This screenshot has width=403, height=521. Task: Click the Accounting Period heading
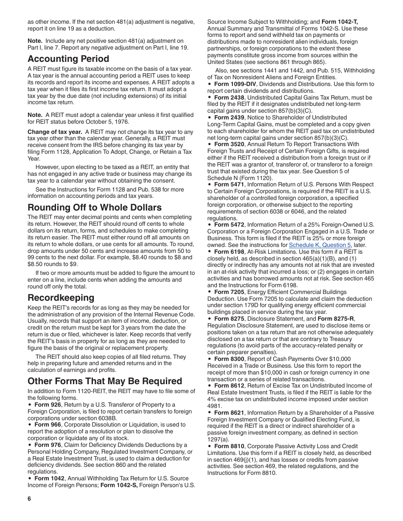[68, 59]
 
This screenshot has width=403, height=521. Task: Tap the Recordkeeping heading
[61, 297]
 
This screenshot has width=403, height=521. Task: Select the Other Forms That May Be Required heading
[105, 381]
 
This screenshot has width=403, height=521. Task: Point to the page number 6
[30, 499]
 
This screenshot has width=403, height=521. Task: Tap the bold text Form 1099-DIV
[234, 84]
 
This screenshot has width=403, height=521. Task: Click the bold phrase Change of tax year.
[55, 132]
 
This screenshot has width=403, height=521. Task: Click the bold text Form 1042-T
[340, 21]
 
